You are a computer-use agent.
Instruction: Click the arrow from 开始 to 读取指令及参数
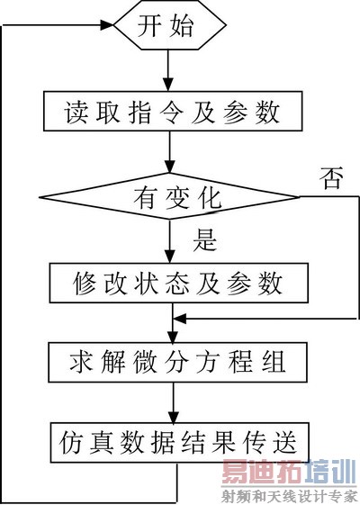(x=167, y=70)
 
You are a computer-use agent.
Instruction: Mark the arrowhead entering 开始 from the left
(x=108, y=27)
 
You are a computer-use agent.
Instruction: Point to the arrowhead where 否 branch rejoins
(x=179, y=319)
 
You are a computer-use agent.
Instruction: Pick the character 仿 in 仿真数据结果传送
(x=72, y=440)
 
